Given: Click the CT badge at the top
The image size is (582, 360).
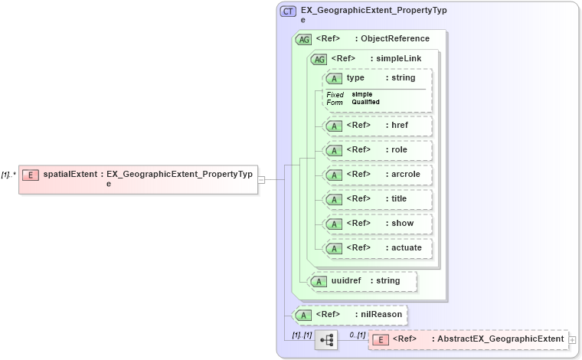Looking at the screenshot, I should [288, 11].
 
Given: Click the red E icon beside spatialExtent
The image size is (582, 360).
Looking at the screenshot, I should [31, 174].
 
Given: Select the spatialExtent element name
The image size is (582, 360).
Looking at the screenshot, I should [70, 174].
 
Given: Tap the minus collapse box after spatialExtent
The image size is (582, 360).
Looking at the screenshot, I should [261, 179].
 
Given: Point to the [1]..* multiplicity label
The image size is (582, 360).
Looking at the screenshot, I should [8, 175].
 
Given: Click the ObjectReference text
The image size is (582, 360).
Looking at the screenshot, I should [395, 38].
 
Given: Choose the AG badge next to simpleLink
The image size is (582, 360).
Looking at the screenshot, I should [318, 59].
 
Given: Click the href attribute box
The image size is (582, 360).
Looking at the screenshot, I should [378, 126].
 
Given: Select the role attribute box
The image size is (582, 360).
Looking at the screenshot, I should [378, 150].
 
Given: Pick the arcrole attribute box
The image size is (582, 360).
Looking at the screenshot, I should [378, 175].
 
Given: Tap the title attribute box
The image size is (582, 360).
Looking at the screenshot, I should [378, 199].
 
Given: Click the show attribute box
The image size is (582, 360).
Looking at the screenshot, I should [378, 224].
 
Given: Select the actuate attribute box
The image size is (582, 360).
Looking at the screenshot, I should [378, 248].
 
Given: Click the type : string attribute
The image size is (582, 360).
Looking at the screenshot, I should [378, 78].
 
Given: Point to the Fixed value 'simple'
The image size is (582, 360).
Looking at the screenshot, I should [362, 94].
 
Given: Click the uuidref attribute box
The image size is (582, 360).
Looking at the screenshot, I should [362, 281].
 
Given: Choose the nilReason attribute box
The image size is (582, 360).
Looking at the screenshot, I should [350, 314].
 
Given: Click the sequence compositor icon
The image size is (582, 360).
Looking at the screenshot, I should [326, 339].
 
